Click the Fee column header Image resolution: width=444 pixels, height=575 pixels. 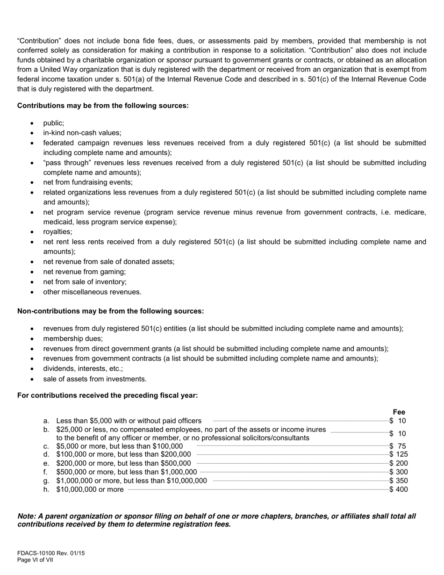(399, 412)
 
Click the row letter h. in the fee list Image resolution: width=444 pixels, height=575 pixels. (46, 489)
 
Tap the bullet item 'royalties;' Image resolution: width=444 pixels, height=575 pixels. (57, 232)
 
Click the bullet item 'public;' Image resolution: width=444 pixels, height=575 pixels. (53, 123)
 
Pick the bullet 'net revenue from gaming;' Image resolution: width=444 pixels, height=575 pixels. (84, 272)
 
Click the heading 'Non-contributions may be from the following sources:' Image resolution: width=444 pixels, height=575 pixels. (110, 311)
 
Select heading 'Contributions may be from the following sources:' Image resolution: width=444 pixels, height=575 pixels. (103, 106)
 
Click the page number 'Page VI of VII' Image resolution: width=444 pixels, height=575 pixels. (35, 560)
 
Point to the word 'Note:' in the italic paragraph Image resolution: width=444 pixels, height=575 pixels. (27, 516)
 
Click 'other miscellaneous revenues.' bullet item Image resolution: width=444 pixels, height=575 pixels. (92, 292)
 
